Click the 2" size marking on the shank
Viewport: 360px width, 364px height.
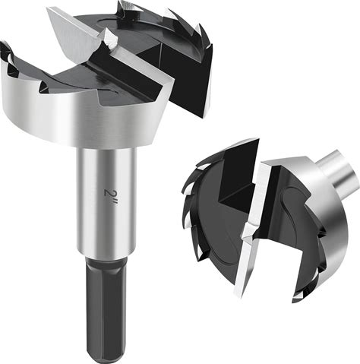point(109,195)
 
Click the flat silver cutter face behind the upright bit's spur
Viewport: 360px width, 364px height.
point(74,32)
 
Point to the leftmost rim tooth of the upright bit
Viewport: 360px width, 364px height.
point(7,52)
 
